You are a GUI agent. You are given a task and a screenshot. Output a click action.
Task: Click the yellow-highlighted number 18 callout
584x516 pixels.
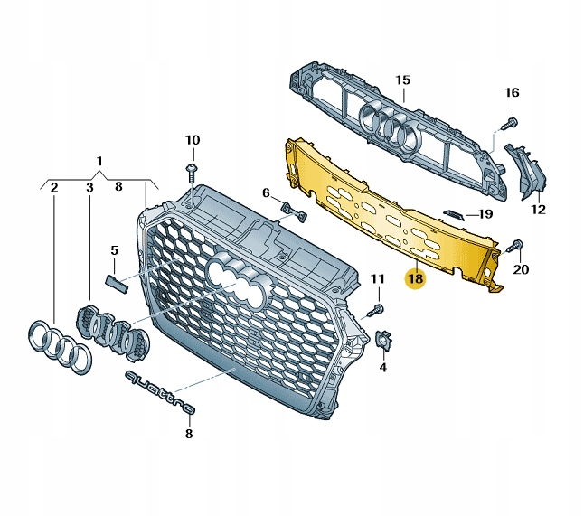click(x=416, y=278)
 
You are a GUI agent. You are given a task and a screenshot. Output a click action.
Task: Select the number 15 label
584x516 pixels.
click(x=402, y=80)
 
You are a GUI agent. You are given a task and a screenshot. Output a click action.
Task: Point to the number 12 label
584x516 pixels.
click(x=538, y=210)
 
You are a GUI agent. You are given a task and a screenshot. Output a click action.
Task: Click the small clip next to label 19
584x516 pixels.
click(x=454, y=215)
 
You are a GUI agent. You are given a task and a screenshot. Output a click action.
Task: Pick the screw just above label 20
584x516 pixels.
click(x=515, y=246)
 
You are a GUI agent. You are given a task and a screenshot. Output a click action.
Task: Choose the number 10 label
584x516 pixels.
click(x=193, y=140)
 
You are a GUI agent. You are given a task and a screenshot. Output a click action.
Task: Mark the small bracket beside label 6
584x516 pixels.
click(x=294, y=211)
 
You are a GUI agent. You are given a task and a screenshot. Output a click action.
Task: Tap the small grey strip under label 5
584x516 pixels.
click(x=117, y=282)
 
